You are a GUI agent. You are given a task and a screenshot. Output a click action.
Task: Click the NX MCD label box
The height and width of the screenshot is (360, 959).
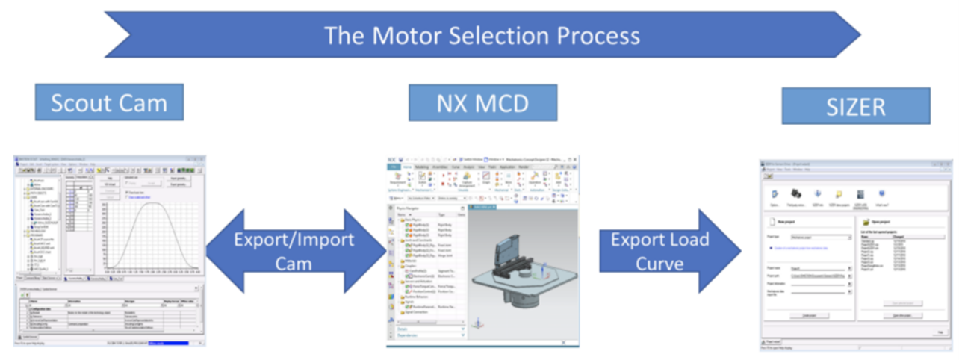[x=482, y=102]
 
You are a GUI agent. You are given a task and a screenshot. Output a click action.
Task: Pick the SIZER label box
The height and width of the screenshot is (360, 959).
[x=855, y=106]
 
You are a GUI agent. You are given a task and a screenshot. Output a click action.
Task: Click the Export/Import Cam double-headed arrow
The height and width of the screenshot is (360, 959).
[x=292, y=251]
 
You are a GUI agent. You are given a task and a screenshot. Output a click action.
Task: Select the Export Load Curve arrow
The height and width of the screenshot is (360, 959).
[x=657, y=251]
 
